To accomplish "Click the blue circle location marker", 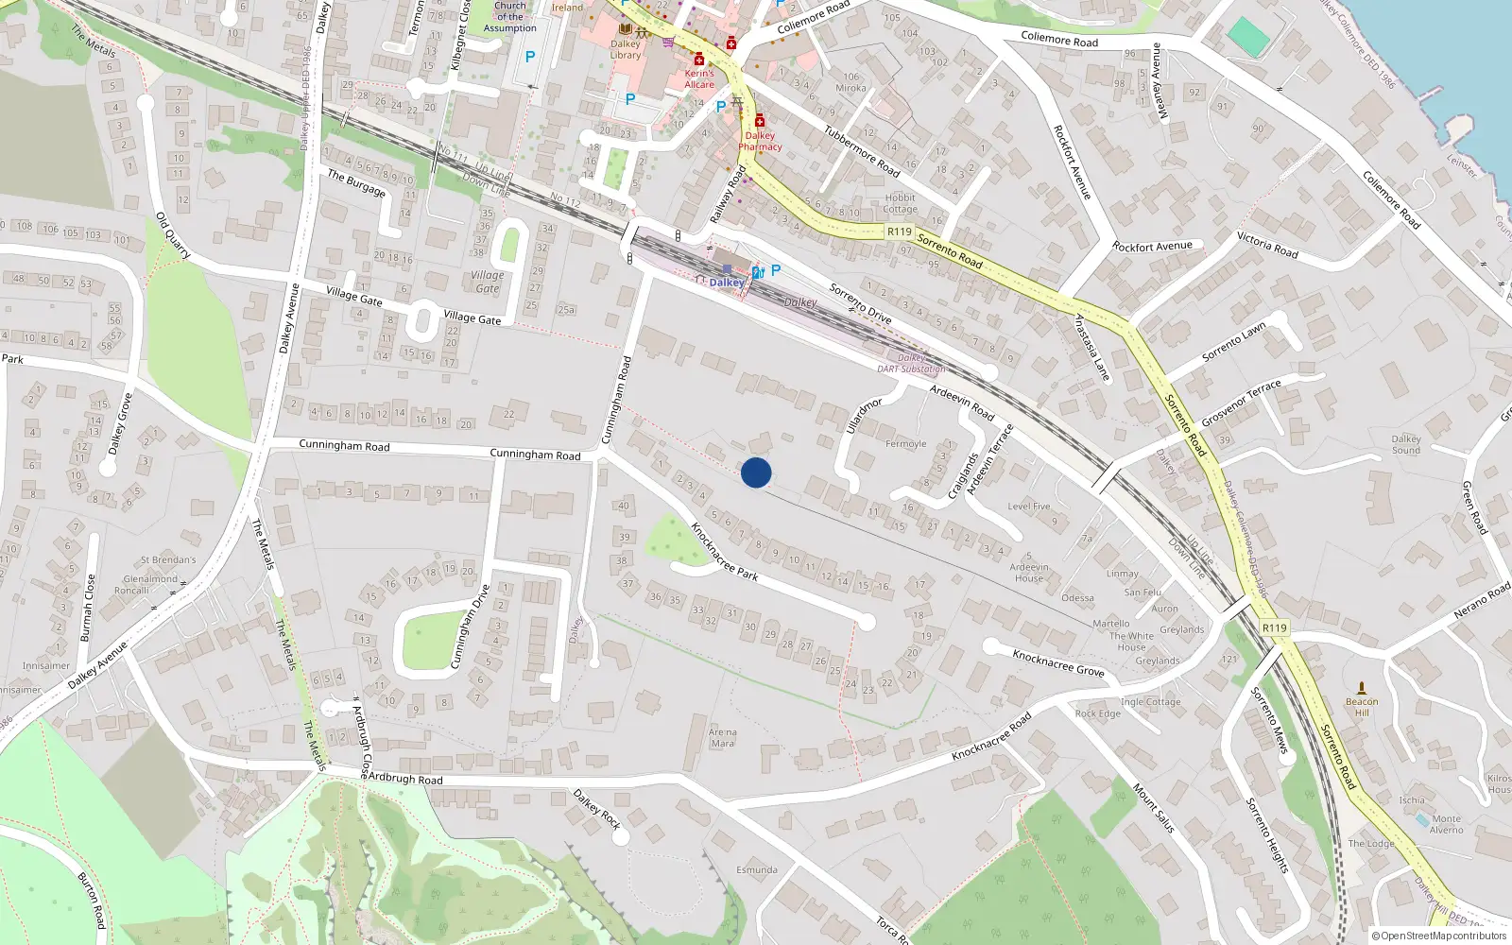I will (756, 472).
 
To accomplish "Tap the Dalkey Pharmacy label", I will (760, 141).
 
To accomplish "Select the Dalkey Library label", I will (625, 49).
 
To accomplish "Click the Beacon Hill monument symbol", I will (1362, 688).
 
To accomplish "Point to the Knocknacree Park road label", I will (724, 552).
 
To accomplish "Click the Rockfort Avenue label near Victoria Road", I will (1152, 247).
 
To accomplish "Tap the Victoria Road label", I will (1267, 245).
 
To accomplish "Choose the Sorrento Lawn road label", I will (1233, 342).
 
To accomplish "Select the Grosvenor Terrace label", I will (1241, 403).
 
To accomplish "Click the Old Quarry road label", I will (173, 235).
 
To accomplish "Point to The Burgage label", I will (356, 182).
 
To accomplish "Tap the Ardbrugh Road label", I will (404, 779).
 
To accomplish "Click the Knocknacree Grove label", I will (1058, 662).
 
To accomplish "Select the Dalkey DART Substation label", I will (911, 364).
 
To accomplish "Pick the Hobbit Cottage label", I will (900, 203).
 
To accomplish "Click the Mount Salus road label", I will (1154, 809).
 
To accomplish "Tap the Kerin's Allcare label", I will (699, 78).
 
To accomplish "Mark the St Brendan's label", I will (168, 559).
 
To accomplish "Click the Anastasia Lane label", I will (1091, 348).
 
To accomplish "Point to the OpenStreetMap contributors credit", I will (1439, 936).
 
